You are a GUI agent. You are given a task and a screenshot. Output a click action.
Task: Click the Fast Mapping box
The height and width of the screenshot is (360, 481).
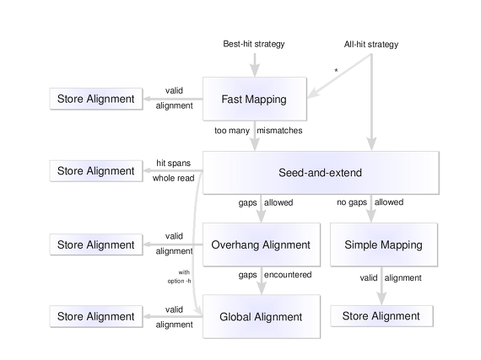coord(255,99)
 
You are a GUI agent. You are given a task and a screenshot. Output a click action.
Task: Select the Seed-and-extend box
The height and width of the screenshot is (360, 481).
coord(321,173)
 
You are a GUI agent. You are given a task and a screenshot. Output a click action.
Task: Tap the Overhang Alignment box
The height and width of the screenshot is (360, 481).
coord(262,244)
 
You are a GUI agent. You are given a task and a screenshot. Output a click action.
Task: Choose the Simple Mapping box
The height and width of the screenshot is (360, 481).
coord(384,244)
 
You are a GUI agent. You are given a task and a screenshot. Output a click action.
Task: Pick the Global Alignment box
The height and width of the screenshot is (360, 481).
coord(262,316)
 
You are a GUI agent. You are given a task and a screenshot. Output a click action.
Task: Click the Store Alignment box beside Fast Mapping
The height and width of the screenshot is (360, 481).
coord(96,99)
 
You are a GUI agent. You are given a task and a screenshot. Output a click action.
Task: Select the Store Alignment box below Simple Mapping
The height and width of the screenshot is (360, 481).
coord(381,316)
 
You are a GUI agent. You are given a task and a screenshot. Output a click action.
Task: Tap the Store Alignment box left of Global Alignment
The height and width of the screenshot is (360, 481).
coord(96,316)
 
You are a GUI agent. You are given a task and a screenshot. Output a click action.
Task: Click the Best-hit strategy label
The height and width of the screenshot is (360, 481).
coord(254,44)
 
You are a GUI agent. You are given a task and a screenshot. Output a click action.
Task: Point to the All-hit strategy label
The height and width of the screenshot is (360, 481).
coord(371,45)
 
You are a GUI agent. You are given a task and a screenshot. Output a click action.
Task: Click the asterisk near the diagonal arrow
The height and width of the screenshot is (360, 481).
coord(336,71)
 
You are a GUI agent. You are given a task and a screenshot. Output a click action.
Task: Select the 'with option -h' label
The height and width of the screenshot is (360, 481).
coord(180,277)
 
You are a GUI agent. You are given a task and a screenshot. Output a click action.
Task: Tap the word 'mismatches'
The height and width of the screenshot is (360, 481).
coord(279,131)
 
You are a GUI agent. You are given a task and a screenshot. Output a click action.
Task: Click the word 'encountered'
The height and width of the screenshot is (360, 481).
coord(288,275)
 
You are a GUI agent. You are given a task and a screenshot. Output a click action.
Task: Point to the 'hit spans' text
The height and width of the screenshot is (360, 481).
coord(174,163)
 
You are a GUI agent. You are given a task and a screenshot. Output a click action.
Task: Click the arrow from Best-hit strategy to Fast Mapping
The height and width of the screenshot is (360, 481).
coord(255,65)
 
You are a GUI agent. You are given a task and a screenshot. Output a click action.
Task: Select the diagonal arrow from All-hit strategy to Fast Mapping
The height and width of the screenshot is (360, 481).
coord(339,76)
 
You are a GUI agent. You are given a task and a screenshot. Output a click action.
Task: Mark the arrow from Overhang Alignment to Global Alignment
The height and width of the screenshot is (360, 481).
coord(262,281)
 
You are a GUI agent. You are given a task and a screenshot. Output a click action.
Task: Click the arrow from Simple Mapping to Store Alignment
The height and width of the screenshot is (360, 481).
coord(381,286)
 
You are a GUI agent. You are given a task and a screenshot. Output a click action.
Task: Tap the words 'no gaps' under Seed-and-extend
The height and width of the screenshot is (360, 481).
coord(352,202)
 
